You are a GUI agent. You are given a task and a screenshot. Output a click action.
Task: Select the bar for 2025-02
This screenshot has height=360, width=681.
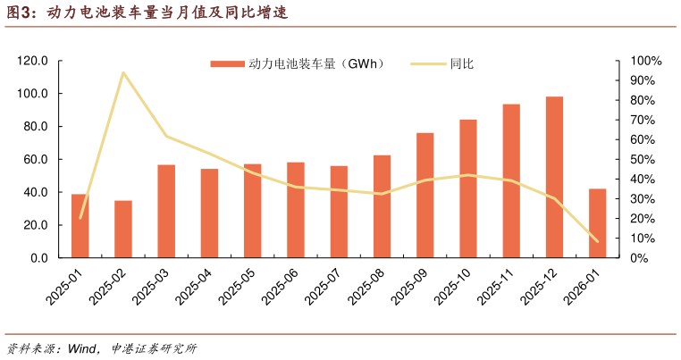pos(123,230)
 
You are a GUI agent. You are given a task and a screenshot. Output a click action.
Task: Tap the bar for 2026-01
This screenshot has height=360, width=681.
pos(597,223)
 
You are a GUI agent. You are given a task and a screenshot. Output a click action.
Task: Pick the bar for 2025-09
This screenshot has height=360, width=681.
pos(425,196)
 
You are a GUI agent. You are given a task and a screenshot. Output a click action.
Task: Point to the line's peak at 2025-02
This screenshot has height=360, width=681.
pos(123,72)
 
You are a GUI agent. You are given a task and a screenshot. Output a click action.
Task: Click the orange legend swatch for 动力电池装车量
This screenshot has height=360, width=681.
pos(227,64)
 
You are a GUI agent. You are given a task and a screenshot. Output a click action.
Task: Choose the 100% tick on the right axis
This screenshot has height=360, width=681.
pos(646,61)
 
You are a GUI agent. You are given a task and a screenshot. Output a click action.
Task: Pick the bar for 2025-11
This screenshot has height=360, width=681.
pos(511,181)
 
